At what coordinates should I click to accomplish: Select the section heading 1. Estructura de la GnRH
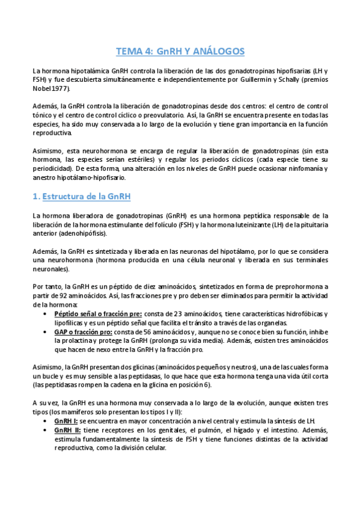[x=81, y=197]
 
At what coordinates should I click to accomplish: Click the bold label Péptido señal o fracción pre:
[x=98, y=314]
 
